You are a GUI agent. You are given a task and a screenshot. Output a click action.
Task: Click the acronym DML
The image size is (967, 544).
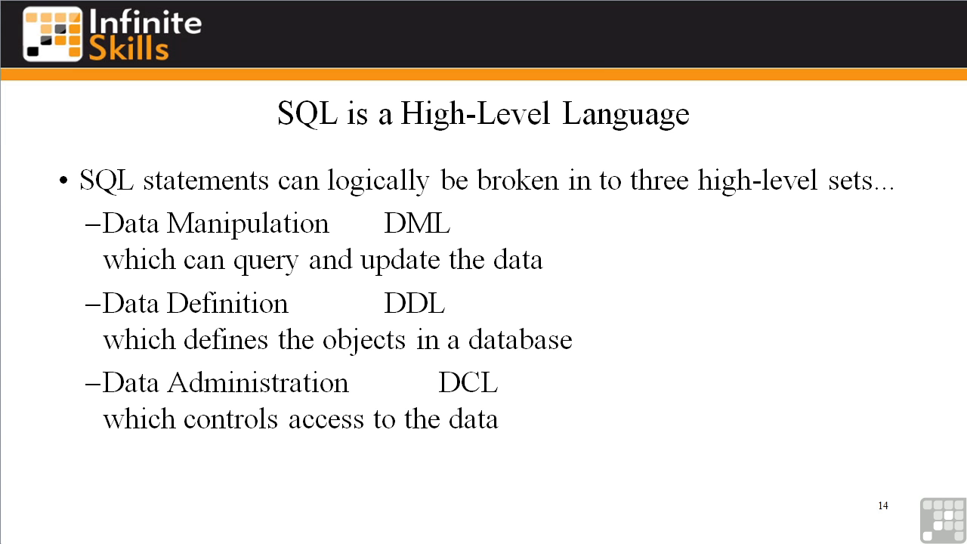coord(417,224)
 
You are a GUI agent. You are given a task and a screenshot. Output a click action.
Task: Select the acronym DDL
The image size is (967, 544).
coord(415,303)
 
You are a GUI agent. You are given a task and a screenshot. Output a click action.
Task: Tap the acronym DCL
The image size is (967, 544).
coord(468,382)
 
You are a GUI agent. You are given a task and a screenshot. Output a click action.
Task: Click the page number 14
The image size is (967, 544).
coord(883,505)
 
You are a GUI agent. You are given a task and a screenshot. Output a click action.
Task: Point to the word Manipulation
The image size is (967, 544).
coord(249,224)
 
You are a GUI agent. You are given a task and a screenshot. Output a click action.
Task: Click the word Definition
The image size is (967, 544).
coord(228,303)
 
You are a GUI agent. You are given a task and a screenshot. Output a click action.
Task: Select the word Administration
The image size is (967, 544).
coord(258,382)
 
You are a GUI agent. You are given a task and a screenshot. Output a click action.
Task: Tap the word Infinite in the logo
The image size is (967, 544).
coord(146,23)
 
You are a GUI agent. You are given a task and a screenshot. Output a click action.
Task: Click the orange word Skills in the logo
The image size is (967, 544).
coord(128,48)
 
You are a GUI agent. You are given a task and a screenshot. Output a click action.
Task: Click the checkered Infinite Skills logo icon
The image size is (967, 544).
coord(52,34)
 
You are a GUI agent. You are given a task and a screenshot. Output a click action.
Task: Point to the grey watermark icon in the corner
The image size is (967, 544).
coord(944,521)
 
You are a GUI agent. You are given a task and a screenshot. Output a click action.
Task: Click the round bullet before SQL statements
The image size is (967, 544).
coord(63,181)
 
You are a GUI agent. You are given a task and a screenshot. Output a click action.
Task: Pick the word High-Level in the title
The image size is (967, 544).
coord(475,114)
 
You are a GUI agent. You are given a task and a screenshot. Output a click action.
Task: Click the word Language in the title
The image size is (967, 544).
coord(626,114)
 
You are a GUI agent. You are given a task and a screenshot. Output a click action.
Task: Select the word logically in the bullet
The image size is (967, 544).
coord(378,181)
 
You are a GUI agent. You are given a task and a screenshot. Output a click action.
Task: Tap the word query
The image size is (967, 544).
coord(266,261)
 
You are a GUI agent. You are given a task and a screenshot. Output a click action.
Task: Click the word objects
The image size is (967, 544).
coord(364,341)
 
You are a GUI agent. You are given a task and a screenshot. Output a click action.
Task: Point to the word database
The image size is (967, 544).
coord(521,340)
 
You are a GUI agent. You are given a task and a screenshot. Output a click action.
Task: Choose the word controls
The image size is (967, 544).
coord(230,419)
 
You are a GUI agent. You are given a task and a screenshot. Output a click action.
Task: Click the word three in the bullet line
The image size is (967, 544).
coord(660,180)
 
